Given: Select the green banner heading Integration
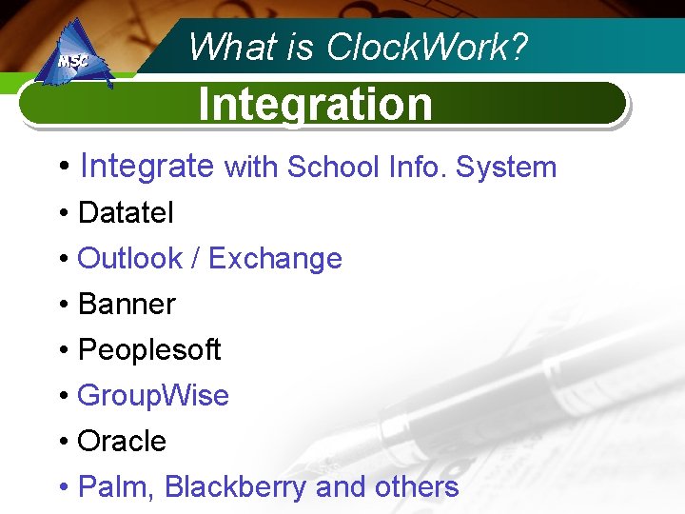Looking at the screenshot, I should pyautogui.click(x=315, y=104).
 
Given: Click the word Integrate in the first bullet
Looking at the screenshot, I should pyautogui.click(x=147, y=167).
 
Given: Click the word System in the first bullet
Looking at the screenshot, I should pyautogui.click(x=506, y=168).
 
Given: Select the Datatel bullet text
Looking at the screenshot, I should pyautogui.click(x=126, y=213).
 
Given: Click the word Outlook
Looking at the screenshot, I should pyautogui.click(x=129, y=259).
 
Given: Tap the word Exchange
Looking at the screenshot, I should pyautogui.click(x=275, y=259).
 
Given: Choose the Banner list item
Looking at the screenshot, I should pyautogui.click(x=127, y=305).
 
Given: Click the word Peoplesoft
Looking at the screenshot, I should pyautogui.click(x=149, y=350).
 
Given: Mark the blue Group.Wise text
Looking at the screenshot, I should pyautogui.click(x=153, y=396).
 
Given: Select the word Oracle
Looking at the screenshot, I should pyautogui.click(x=122, y=442).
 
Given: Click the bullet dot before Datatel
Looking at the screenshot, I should pyautogui.click(x=63, y=214).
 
